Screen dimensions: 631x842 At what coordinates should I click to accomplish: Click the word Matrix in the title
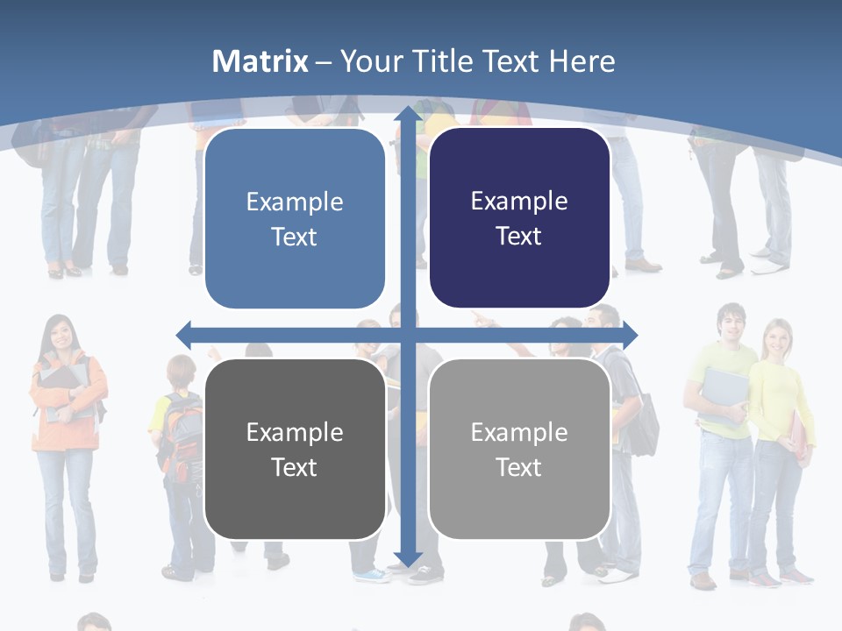pos(260,61)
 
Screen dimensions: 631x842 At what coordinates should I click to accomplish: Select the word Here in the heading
pos(582,61)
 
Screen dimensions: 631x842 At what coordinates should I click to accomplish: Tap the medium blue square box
pos(295,218)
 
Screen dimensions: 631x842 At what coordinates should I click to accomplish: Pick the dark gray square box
pos(295,449)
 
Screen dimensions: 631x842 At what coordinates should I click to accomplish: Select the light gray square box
pos(519,449)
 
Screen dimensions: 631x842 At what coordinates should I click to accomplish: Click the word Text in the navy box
pos(519,237)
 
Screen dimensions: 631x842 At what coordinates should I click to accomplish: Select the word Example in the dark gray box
pos(295,432)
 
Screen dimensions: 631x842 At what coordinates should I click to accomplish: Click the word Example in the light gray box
pos(519,432)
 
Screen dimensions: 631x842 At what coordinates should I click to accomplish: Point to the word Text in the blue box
pos(295,238)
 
